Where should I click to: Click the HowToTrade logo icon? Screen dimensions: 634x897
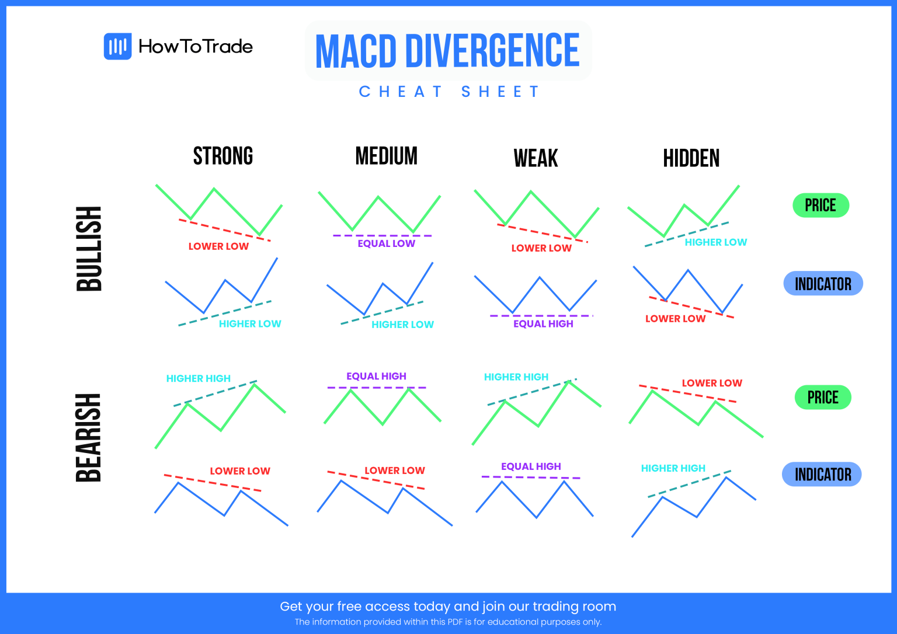[x=117, y=46]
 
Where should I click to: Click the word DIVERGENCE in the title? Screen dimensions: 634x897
[x=492, y=51]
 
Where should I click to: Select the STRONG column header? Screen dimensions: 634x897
[x=223, y=156]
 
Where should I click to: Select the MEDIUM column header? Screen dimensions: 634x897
[x=386, y=156]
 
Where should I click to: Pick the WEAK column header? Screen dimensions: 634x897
[x=536, y=158]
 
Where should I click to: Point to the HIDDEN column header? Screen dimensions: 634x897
[x=691, y=158]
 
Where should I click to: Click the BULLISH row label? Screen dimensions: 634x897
[x=89, y=249]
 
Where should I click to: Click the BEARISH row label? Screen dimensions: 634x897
[x=89, y=438]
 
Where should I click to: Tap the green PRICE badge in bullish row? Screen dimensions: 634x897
[x=820, y=205]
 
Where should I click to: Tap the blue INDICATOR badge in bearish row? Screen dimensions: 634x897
[x=822, y=475]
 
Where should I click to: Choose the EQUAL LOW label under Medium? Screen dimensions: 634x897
[x=386, y=243]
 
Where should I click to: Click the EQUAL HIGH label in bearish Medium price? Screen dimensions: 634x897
[x=376, y=376]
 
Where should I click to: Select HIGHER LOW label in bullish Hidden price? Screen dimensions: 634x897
[x=715, y=242]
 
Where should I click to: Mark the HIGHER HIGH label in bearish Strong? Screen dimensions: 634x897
[x=199, y=378]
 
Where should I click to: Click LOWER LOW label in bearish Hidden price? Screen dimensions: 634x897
[x=712, y=383]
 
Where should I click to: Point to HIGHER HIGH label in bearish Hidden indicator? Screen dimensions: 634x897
[x=673, y=468]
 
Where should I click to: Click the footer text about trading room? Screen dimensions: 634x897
[x=448, y=607]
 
